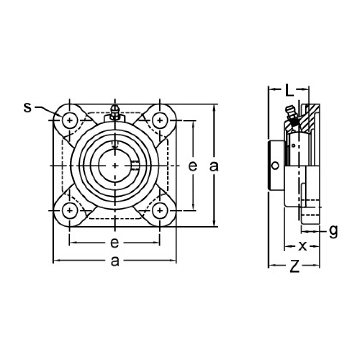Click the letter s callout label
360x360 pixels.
click(x=27, y=107)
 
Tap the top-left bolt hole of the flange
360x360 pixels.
click(x=69, y=119)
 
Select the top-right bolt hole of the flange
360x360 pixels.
click(x=161, y=119)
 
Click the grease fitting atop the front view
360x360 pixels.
click(x=114, y=112)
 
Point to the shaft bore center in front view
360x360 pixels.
click(x=115, y=165)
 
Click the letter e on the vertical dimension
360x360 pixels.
click(x=192, y=166)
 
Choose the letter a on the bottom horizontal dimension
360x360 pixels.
click(x=115, y=261)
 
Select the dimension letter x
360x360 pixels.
click(x=302, y=245)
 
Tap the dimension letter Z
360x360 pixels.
click(x=294, y=266)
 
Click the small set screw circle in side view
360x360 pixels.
click(x=276, y=166)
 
